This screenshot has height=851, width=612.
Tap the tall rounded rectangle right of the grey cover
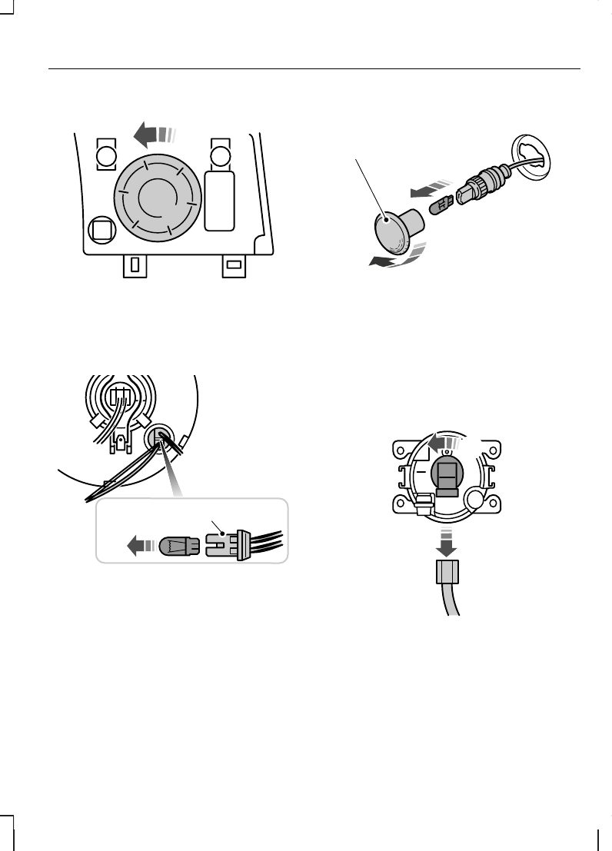(x=221, y=200)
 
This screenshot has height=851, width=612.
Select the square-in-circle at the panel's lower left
(x=101, y=228)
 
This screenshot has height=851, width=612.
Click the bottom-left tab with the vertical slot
(x=135, y=265)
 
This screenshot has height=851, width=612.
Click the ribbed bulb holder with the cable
(x=480, y=185)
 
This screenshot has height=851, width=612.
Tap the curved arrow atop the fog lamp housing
(x=442, y=444)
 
